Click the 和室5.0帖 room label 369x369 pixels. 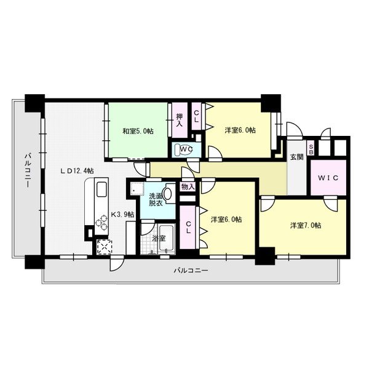(138, 131)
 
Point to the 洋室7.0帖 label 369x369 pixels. (306, 225)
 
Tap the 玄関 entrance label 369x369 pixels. (296, 157)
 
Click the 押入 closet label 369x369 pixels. (180, 120)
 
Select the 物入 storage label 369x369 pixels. (188, 186)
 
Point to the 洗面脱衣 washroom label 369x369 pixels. (156, 200)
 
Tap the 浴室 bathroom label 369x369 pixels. (158, 238)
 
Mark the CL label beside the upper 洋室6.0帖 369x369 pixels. (196, 116)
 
